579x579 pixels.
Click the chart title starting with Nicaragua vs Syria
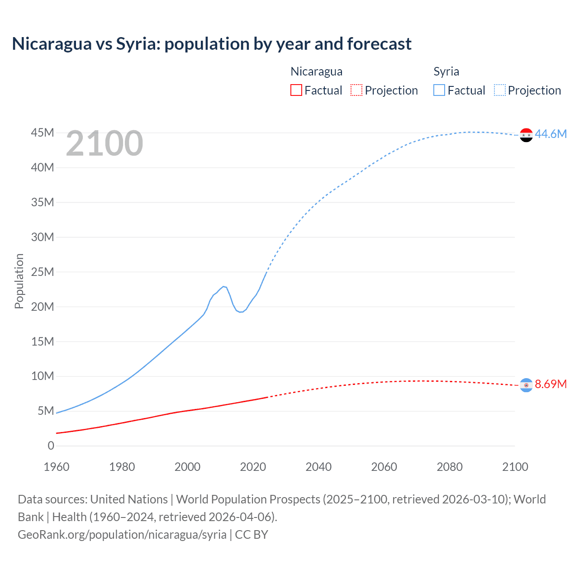coord(212,44)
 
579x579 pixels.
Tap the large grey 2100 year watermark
coord(104,143)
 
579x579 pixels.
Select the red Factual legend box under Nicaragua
coord(296,90)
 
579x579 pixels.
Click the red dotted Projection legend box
coord(356,90)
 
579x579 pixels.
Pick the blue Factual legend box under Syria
coord(439,90)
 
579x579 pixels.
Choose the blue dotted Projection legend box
coord(499,90)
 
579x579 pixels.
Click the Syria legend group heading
coord(446,71)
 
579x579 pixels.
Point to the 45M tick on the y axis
coord(43,133)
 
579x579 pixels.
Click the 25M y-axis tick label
coord(43,272)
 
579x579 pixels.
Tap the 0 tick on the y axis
coord(51,446)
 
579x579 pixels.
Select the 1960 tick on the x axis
coord(57,467)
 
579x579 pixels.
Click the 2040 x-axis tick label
coord(318,467)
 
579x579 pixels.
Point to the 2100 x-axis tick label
coord(515,467)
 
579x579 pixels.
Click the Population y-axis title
coord(19,281)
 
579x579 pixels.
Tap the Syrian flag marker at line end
coord(526,135)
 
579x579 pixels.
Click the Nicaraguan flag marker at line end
coord(526,385)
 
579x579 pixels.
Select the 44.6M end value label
coord(551,134)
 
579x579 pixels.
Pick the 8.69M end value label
coord(551,384)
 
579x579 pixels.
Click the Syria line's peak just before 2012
coord(223,286)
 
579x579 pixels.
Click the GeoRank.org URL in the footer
coord(122,534)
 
